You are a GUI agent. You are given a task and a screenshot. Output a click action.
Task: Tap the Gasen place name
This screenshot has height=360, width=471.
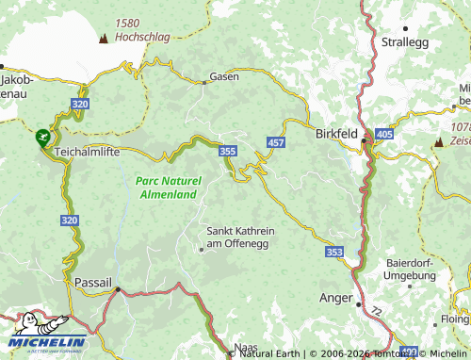coord(224,76)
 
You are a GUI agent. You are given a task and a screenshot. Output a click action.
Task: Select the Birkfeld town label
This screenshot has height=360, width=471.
coord(336,135)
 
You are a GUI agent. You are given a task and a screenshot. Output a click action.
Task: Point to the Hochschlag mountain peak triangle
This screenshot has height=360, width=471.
coord(104,39)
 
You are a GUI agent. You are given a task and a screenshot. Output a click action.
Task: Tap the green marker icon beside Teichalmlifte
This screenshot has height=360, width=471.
coord(42,137)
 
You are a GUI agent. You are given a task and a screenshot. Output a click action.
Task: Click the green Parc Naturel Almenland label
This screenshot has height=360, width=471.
coord(167,187)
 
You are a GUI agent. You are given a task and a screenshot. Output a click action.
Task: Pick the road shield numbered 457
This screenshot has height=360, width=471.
coord(276,142)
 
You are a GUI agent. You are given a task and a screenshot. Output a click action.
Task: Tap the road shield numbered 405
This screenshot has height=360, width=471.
coord(383,136)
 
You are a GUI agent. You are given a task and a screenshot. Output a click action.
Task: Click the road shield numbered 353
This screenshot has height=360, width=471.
coord(334,252)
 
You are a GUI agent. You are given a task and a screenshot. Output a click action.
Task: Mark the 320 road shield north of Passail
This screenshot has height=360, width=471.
coord(69,220)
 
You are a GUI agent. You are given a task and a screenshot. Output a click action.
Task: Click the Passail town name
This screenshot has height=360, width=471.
coord(93,282)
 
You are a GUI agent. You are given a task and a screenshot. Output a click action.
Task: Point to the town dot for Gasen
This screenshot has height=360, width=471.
coord(204,82)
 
